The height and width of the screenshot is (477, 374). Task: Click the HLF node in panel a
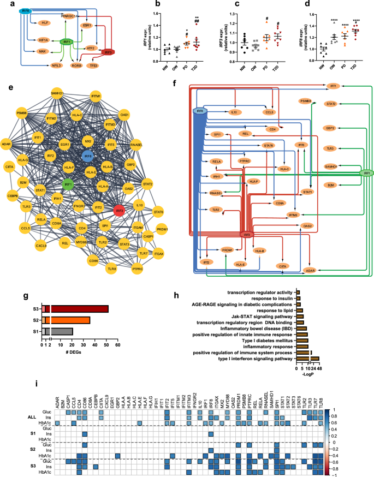pos(44,22)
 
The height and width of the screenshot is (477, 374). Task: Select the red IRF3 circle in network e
pos(120,210)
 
